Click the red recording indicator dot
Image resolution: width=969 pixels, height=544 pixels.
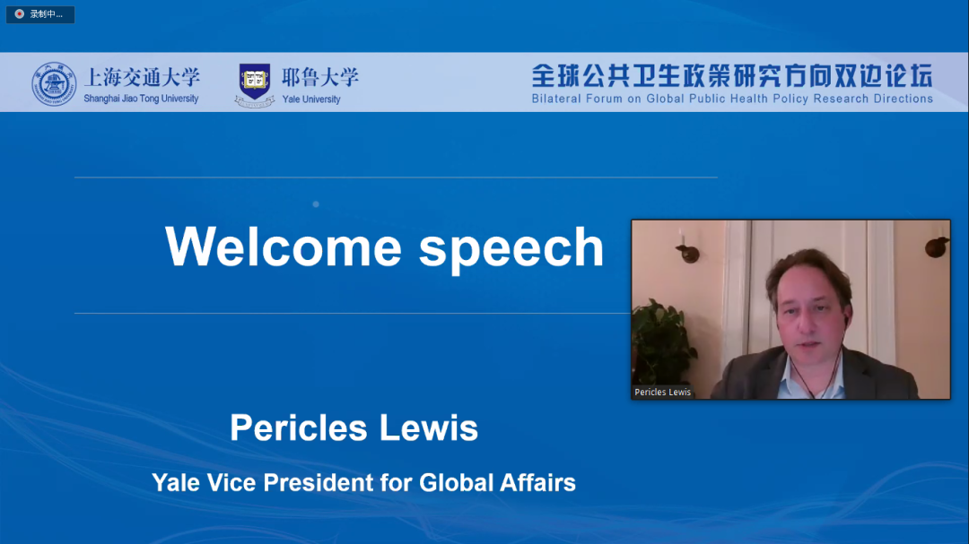20,13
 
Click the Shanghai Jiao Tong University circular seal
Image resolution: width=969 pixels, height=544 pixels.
54,83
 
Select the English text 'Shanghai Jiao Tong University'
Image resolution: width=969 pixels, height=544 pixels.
141,99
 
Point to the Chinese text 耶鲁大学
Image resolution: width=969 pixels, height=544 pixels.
320,77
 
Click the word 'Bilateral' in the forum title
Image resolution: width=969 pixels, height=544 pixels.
556,99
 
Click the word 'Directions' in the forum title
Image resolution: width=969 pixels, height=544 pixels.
903,99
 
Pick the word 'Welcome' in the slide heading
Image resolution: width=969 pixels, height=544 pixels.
284,247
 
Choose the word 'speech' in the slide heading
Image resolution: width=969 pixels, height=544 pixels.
511,249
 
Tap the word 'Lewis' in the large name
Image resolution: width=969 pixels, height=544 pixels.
428,427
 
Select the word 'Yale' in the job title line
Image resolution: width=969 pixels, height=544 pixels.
176,483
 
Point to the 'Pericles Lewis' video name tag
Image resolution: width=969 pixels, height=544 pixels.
662,393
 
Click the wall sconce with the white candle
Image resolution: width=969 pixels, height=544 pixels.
686,247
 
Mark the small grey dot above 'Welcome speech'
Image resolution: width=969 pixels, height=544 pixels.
316,203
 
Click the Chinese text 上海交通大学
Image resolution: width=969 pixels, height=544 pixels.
142,77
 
